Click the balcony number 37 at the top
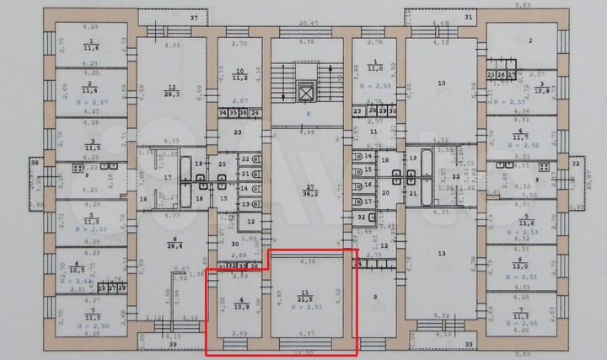(194, 17)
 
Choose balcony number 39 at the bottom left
(175, 346)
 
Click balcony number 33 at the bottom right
(470, 345)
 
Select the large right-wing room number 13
(441, 253)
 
